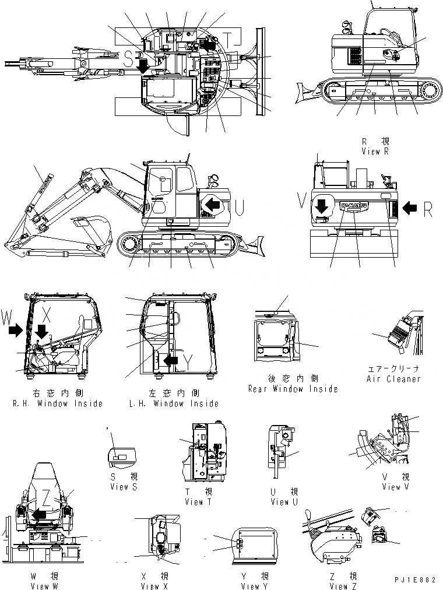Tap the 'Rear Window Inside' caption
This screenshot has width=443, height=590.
click(x=293, y=389)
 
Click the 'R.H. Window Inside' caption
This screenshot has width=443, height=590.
click(x=57, y=403)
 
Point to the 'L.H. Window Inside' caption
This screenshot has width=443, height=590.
click(x=173, y=403)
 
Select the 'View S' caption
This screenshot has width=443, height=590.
click(x=123, y=487)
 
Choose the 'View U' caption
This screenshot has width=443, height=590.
click(x=280, y=502)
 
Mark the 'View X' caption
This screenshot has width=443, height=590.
click(x=154, y=586)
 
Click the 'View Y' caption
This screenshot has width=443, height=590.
click(x=254, y=586)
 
